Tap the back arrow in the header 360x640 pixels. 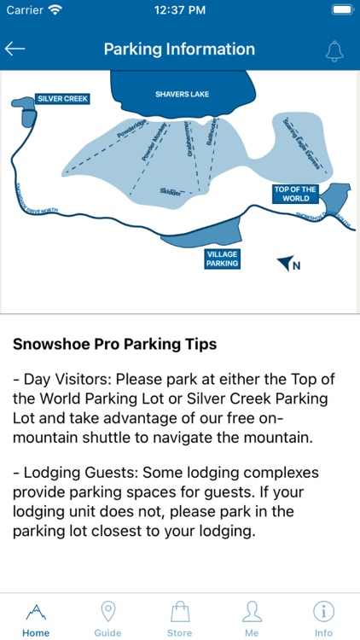click(15, 49)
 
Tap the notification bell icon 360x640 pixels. click(334, 50)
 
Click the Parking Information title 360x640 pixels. click(179, 49)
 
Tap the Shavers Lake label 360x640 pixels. click(183, 94)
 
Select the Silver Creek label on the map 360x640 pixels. click(62, 99)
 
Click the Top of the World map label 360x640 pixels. click(295, 194)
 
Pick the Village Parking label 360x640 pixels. click(222, 259)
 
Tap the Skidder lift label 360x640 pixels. click(171, 193)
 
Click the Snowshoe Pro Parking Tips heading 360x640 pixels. click(115, 345)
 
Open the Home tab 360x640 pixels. click(36, 618)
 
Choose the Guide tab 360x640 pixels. click(107, 618)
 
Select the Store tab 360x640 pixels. click(179, 618)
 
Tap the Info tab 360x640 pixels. click(323, 618)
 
